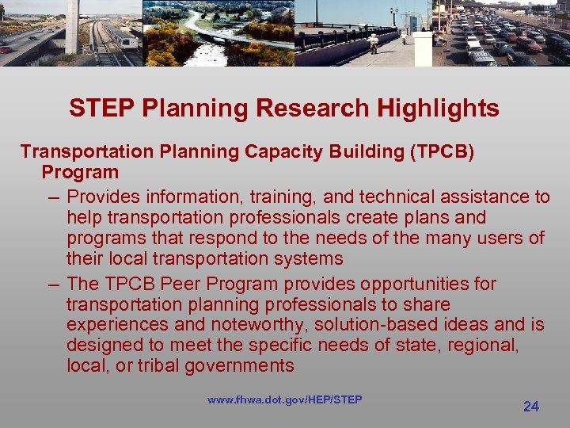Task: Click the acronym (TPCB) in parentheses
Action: tap(442, 151)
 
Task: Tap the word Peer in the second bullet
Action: tap(189, 284)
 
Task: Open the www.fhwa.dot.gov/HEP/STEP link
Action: tap(284, 399)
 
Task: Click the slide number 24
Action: tap(531, 407)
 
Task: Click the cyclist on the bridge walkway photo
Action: tap(373, 42)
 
